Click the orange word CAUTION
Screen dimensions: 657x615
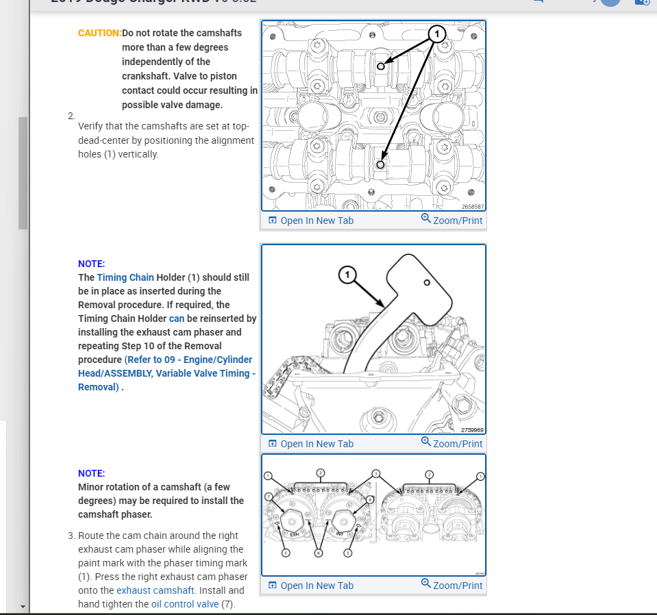(99, 33)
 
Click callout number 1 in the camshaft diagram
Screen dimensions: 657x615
(436, 34)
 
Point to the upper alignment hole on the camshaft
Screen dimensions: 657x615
(381, 66)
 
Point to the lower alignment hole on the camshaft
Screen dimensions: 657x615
(381, 164)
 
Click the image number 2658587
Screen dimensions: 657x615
(472, 206)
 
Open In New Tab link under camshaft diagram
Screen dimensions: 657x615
(311, 221)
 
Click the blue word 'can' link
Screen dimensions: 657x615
(177, 318)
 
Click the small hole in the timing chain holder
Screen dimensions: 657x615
(427, 283)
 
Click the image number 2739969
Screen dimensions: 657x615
(472, 430)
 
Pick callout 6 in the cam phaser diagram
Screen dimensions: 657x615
(318, 553)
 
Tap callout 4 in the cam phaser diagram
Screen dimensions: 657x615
(370, 500)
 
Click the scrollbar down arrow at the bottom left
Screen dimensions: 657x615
(23, 607)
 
